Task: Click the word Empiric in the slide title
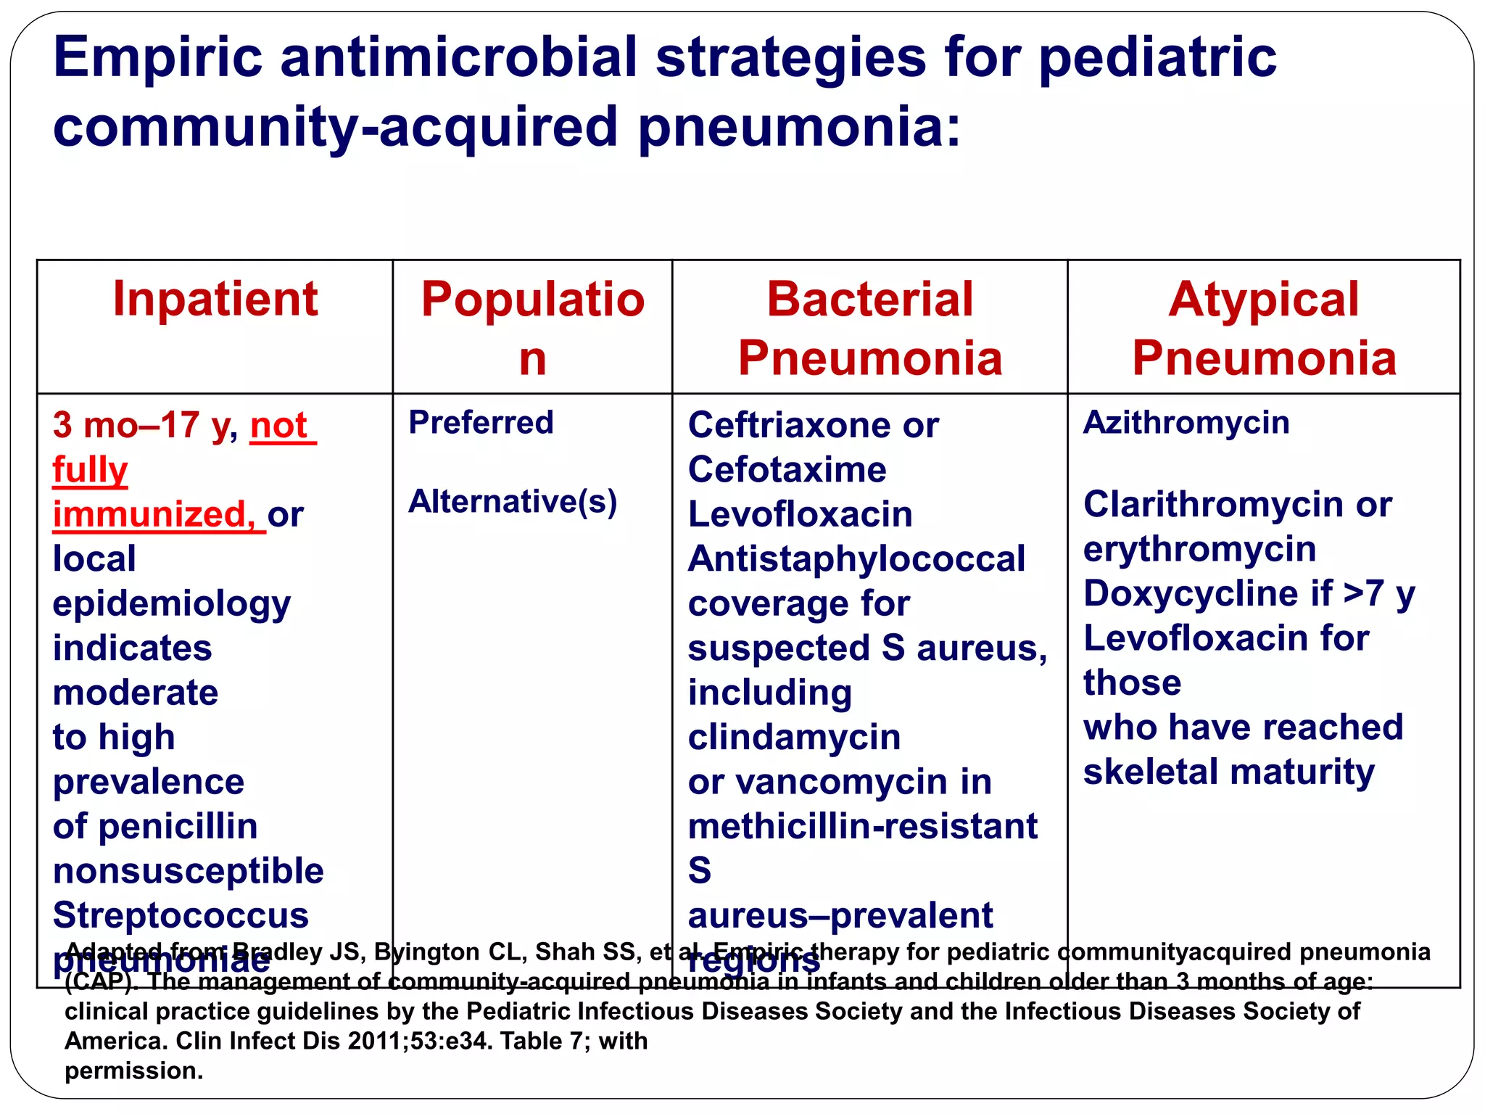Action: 157,58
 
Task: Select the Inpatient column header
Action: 215,299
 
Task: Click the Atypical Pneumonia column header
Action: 1264,329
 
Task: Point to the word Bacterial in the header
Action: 869,299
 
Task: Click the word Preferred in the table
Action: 481,422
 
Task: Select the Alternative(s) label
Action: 513,501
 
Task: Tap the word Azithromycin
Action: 1186,422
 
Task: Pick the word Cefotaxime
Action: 787,469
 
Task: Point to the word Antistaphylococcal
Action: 856,558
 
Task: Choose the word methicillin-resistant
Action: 862,826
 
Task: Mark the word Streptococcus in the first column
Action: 181,915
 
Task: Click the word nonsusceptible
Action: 188,870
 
